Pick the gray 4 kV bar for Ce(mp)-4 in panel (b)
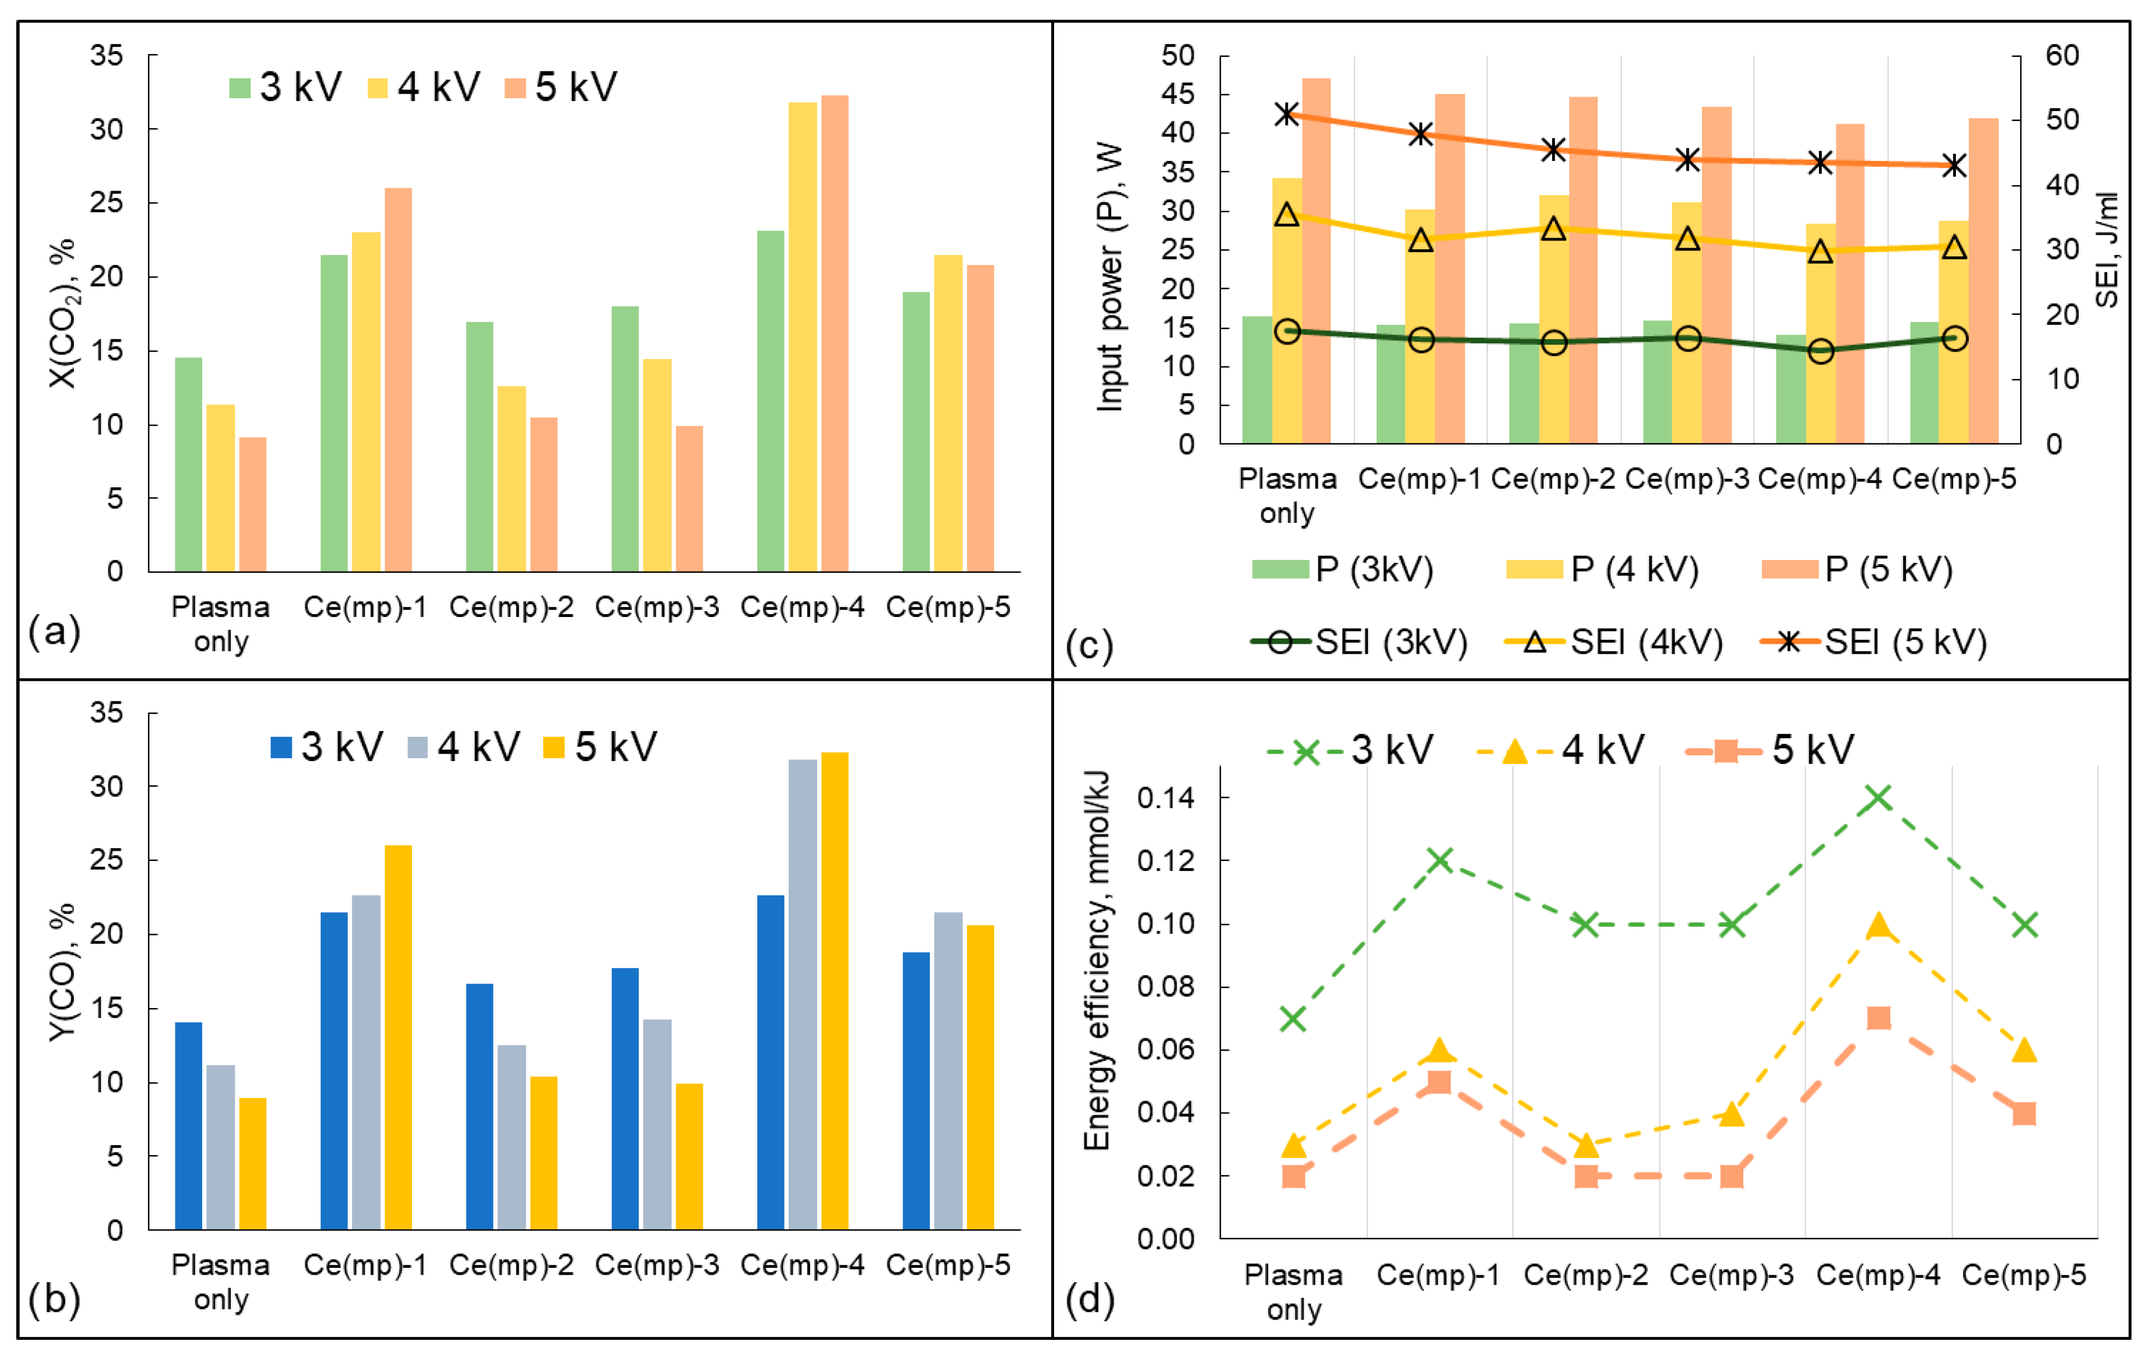[802, 994]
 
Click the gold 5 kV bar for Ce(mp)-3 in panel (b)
[689, 1156]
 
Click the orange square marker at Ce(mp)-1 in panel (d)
[1439, 1082]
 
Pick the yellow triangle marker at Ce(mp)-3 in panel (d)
[1732, 1113]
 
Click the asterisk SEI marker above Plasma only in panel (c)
[1287, 113]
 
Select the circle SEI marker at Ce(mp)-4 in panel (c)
[1821, 350]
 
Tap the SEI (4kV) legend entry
[1614, 642]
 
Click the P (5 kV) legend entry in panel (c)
[1857, 569]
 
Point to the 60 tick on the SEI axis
[2062, 55]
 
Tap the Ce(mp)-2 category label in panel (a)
[511, 607]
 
